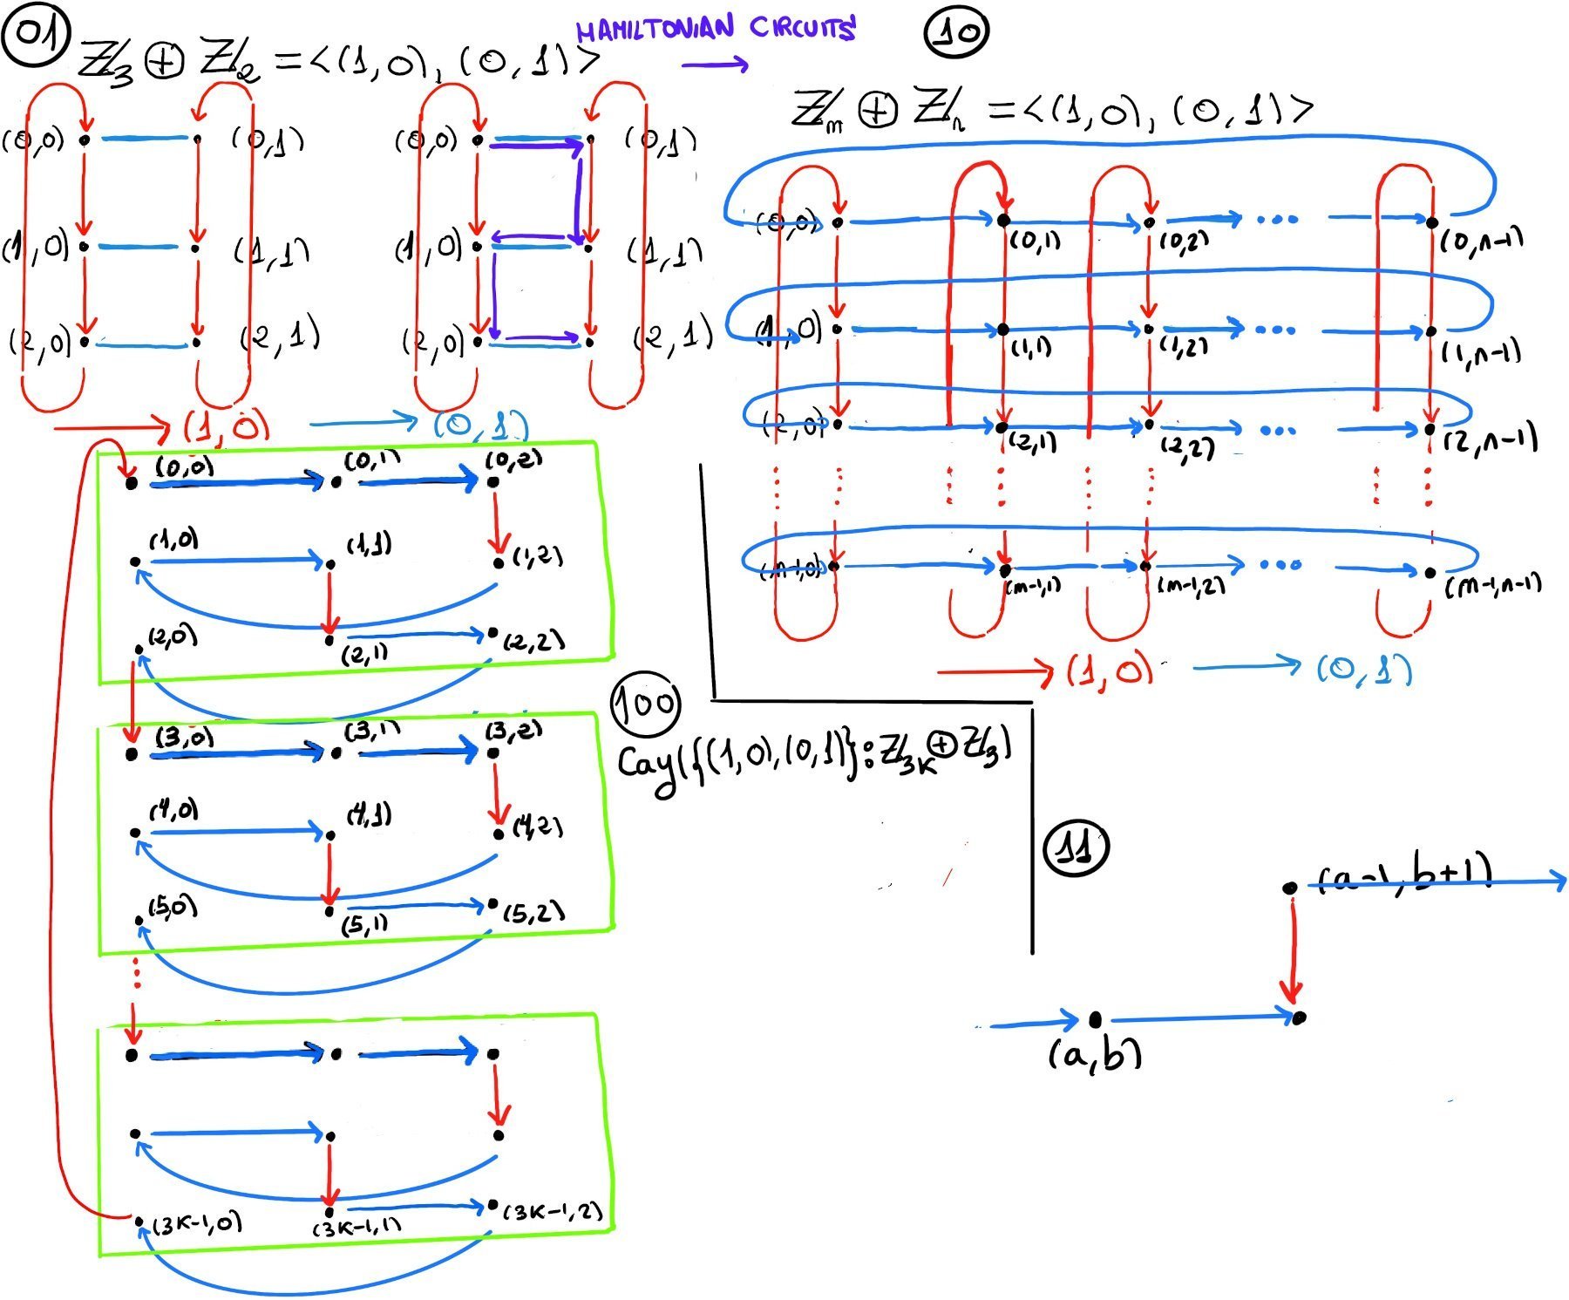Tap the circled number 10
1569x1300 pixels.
click(955, 33)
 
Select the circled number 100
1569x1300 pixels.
click(645, 704)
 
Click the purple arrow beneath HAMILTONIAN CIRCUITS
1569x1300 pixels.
click(714, 64)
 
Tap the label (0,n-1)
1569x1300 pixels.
click(1481, 238)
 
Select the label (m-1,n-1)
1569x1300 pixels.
click(1492, 585)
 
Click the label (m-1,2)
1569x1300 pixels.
click(1191, 586)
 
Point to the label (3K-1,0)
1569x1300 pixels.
click(197, 1224)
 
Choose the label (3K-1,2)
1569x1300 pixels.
click(553, 1212)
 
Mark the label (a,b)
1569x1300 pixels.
click(1094, 1056)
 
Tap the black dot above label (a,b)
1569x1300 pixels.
click(1095, 1018)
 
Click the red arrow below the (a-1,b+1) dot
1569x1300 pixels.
click(1291, 950)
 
